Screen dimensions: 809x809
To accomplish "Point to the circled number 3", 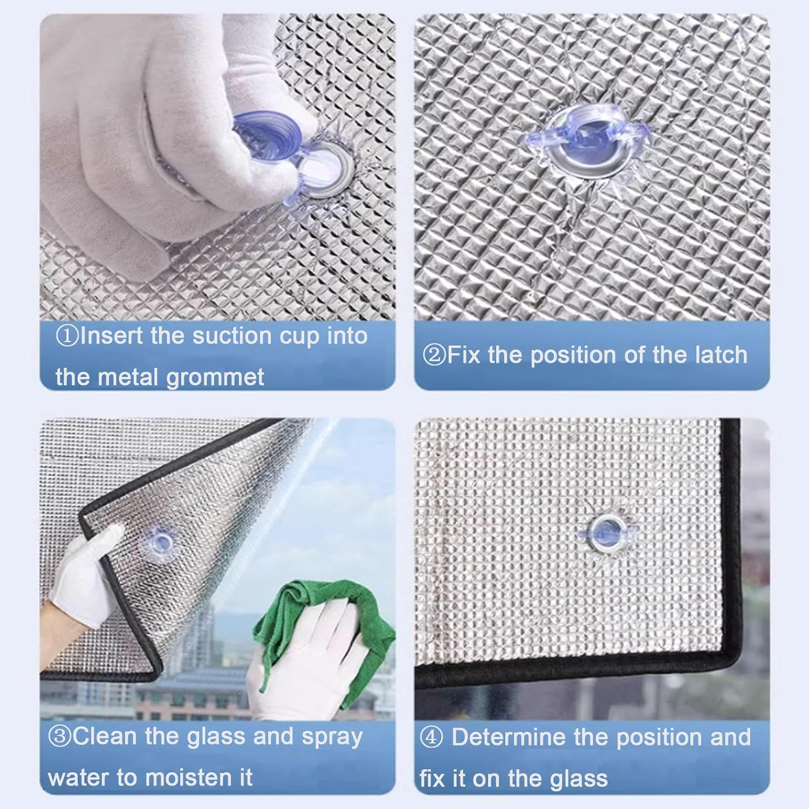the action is [60, 737].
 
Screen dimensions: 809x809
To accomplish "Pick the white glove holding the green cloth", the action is [307, 653].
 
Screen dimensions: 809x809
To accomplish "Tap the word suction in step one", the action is [232, 336].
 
